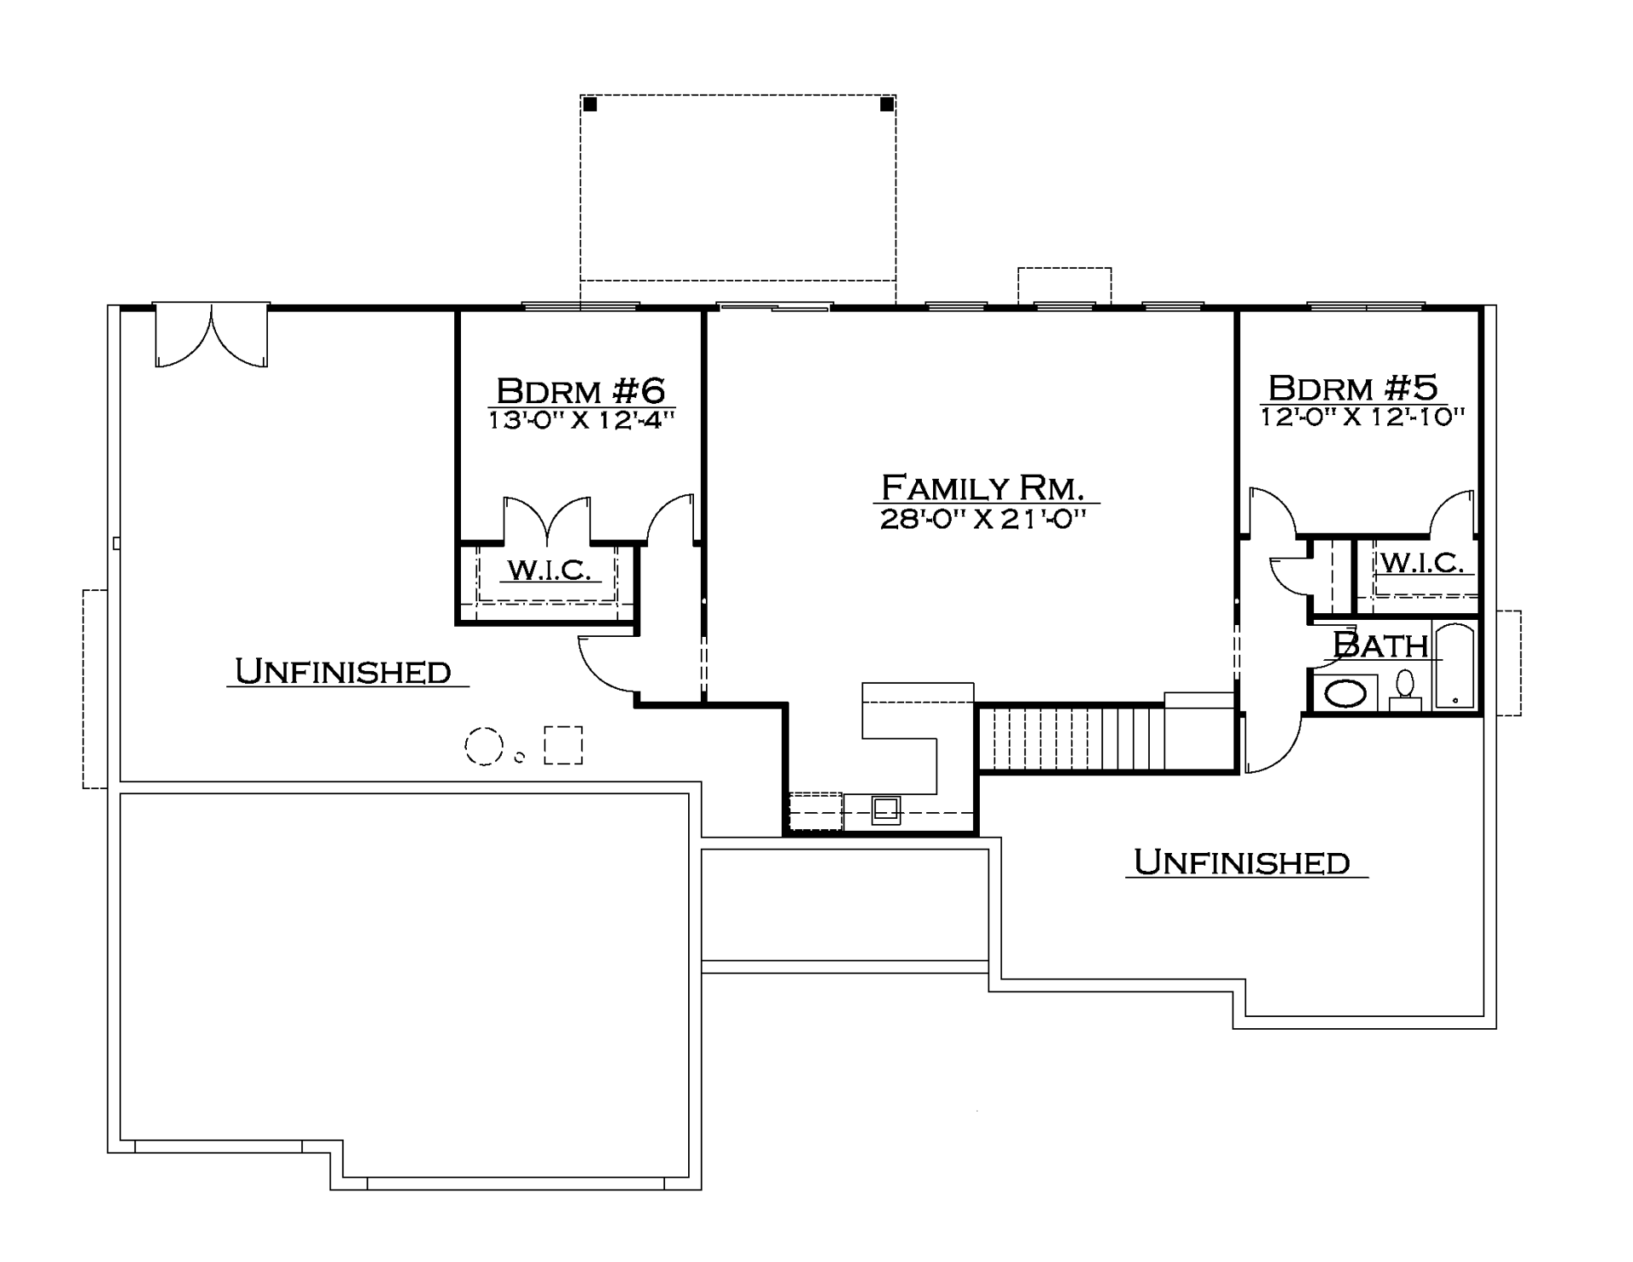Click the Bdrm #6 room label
[x=581, y=391]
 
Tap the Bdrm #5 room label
[x=1353, y=388]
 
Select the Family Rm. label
[x=982, y=488]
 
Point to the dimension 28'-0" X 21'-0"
[x=983, y=519]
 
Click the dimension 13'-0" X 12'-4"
[x=582, y=420]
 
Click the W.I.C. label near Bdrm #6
[x=549, y=570]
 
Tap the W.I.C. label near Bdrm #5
[x=1422, y=562]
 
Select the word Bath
[x=1380, y=645]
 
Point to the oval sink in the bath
[x=1346, y=694]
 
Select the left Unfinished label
[x=344, y=672]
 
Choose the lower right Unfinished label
[x=1243, y=862]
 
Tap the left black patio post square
[x=590, y=105]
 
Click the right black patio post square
[x=886, y=105]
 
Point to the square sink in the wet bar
[x=885, y=810]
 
